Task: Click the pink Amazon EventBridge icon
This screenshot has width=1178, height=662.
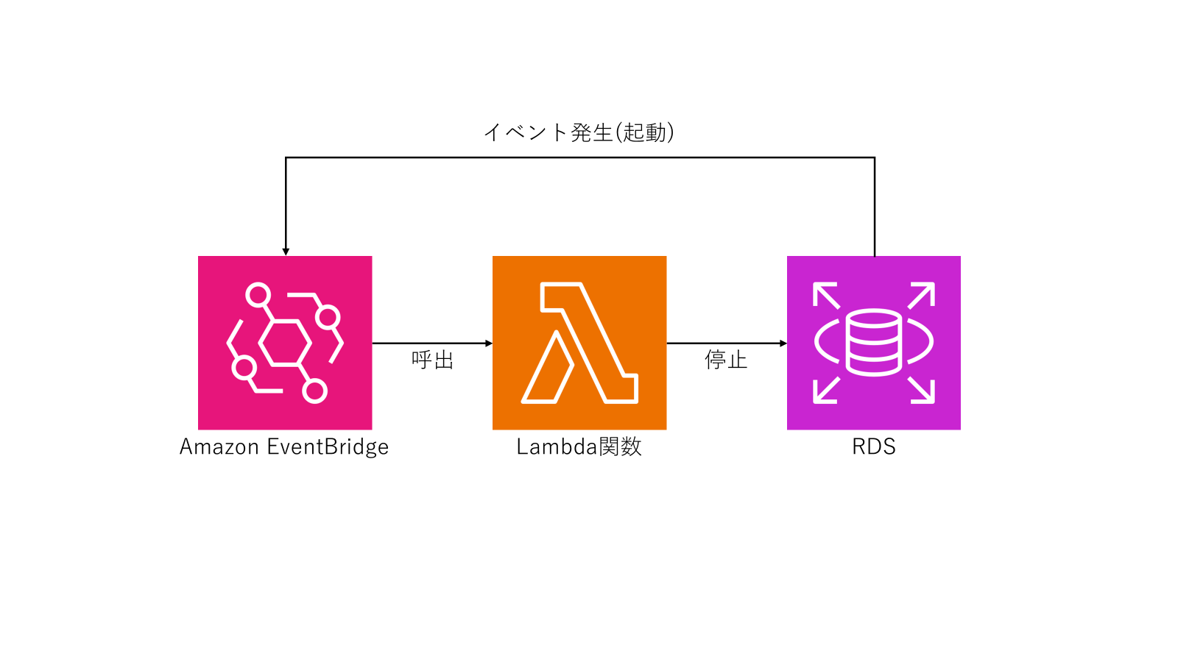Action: click(x=285, y=343)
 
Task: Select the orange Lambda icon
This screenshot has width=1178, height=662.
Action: click(x=579, y=343)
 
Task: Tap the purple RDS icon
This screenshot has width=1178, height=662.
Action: click(x=874, y=343)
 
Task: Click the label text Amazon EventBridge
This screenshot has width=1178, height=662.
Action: click(x=284, y=447)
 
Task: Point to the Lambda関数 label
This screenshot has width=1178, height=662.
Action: click(x=579, y=447)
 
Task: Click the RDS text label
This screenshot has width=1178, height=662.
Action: click(x=874, y=447)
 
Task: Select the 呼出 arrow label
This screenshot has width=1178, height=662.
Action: click(x=433, y=360)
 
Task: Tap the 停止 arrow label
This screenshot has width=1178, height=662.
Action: click(x=726, y=360)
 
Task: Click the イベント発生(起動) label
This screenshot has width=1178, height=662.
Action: click(x=579, y=132)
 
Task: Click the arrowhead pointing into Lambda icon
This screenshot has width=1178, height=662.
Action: click(x=489, y=344)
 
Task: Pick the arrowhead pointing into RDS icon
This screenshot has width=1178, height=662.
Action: click(x=783, y=344)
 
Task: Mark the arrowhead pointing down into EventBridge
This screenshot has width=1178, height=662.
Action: click(x=286, y=252)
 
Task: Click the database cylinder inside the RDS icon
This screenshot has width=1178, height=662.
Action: click(x=874, y=343)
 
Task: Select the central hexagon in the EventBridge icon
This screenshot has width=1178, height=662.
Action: click(x=283, y=343)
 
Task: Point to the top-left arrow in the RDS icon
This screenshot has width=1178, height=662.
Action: click(x=825, y=295)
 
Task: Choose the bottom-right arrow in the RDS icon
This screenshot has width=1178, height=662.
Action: click(x=922, y=391)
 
